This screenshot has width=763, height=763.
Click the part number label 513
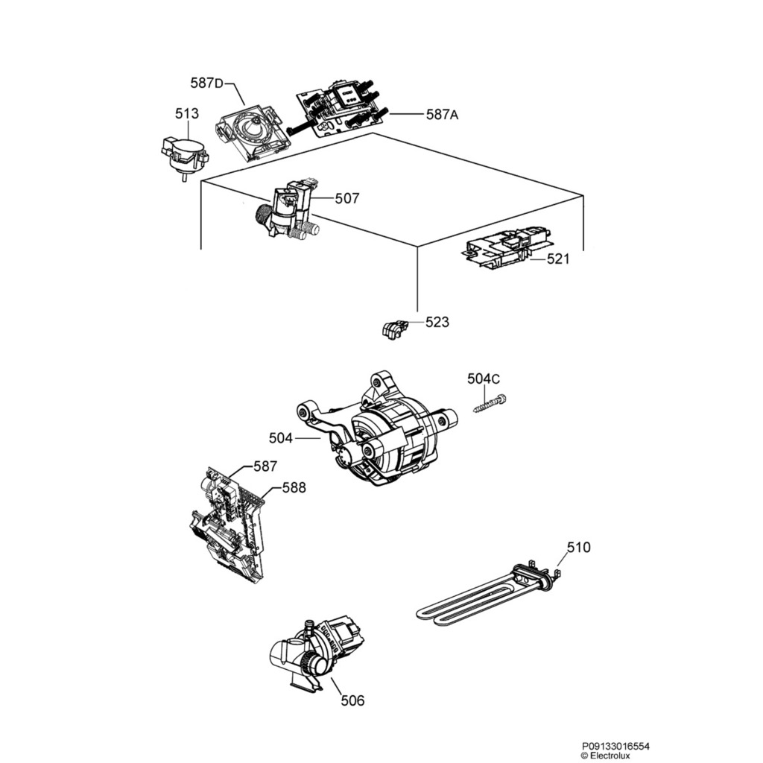tap(187, 114)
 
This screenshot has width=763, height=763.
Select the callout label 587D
tap(206, 83)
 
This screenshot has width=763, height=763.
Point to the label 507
tap(347, 199)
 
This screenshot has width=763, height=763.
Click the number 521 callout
tap(558, 259)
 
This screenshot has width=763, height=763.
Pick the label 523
tap(437, 322)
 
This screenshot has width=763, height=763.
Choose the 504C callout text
tap(484, 379)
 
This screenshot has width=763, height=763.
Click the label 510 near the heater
tap(578, 548)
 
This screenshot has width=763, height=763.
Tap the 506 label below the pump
tap(352, 700)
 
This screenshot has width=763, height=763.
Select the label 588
tap(294, 487)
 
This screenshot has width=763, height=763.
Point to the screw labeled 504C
tap(490, 403)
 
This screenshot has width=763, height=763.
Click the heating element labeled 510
tap(484, 592)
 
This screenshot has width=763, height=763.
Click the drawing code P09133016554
tap(610, 744)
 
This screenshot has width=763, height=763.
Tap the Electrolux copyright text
tap(610, 754)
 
